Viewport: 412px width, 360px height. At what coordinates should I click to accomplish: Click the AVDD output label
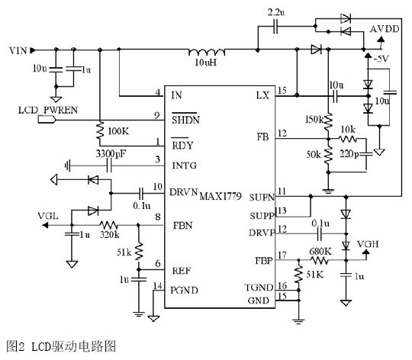384,29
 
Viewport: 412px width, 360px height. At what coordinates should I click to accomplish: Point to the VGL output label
49,214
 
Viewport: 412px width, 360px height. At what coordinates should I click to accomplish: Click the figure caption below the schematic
60,346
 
